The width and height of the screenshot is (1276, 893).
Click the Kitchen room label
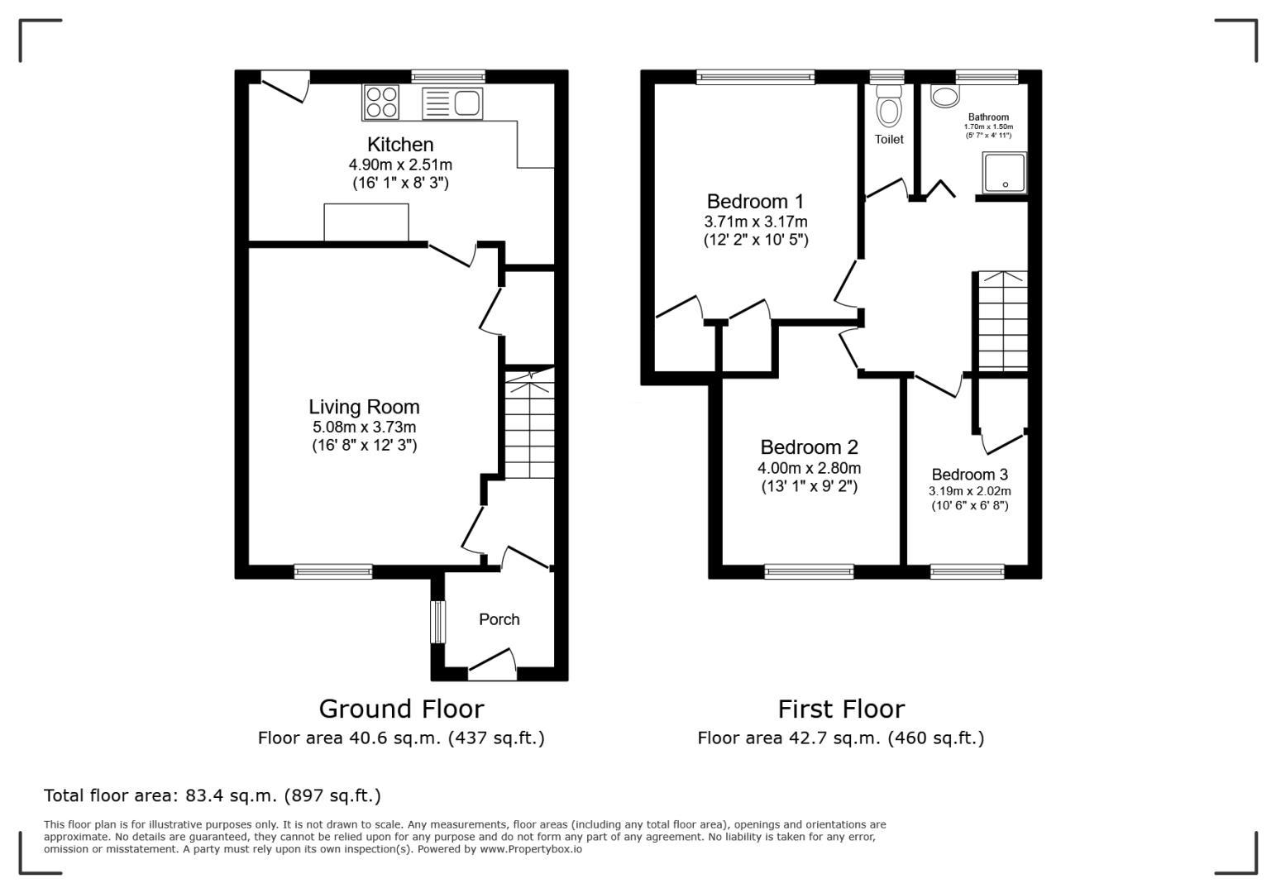pos(400,145)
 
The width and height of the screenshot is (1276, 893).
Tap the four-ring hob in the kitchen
pos(381,102)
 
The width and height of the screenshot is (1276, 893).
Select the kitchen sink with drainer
pos(452,103)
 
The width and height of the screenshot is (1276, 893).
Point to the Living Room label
pos(364,407)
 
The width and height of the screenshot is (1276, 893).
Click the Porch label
pos(499,619)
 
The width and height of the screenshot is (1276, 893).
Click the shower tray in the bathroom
pos(1004,172)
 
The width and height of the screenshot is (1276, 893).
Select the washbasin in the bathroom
pos(945,96)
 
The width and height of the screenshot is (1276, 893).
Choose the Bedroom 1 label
pos(755,202)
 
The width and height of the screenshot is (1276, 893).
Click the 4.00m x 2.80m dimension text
pos(809,468)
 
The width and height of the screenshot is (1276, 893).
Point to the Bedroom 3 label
pos(969,475)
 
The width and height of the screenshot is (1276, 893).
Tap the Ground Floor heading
pos(401,709)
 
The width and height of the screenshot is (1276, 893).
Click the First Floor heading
pos(841,709)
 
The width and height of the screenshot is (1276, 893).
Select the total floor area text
pos(213,795)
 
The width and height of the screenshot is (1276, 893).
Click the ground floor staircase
pos(530,424)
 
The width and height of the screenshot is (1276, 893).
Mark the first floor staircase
pos(1002,321)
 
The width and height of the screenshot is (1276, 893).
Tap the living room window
pos(333,572)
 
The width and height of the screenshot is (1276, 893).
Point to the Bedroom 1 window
pos(755,77)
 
